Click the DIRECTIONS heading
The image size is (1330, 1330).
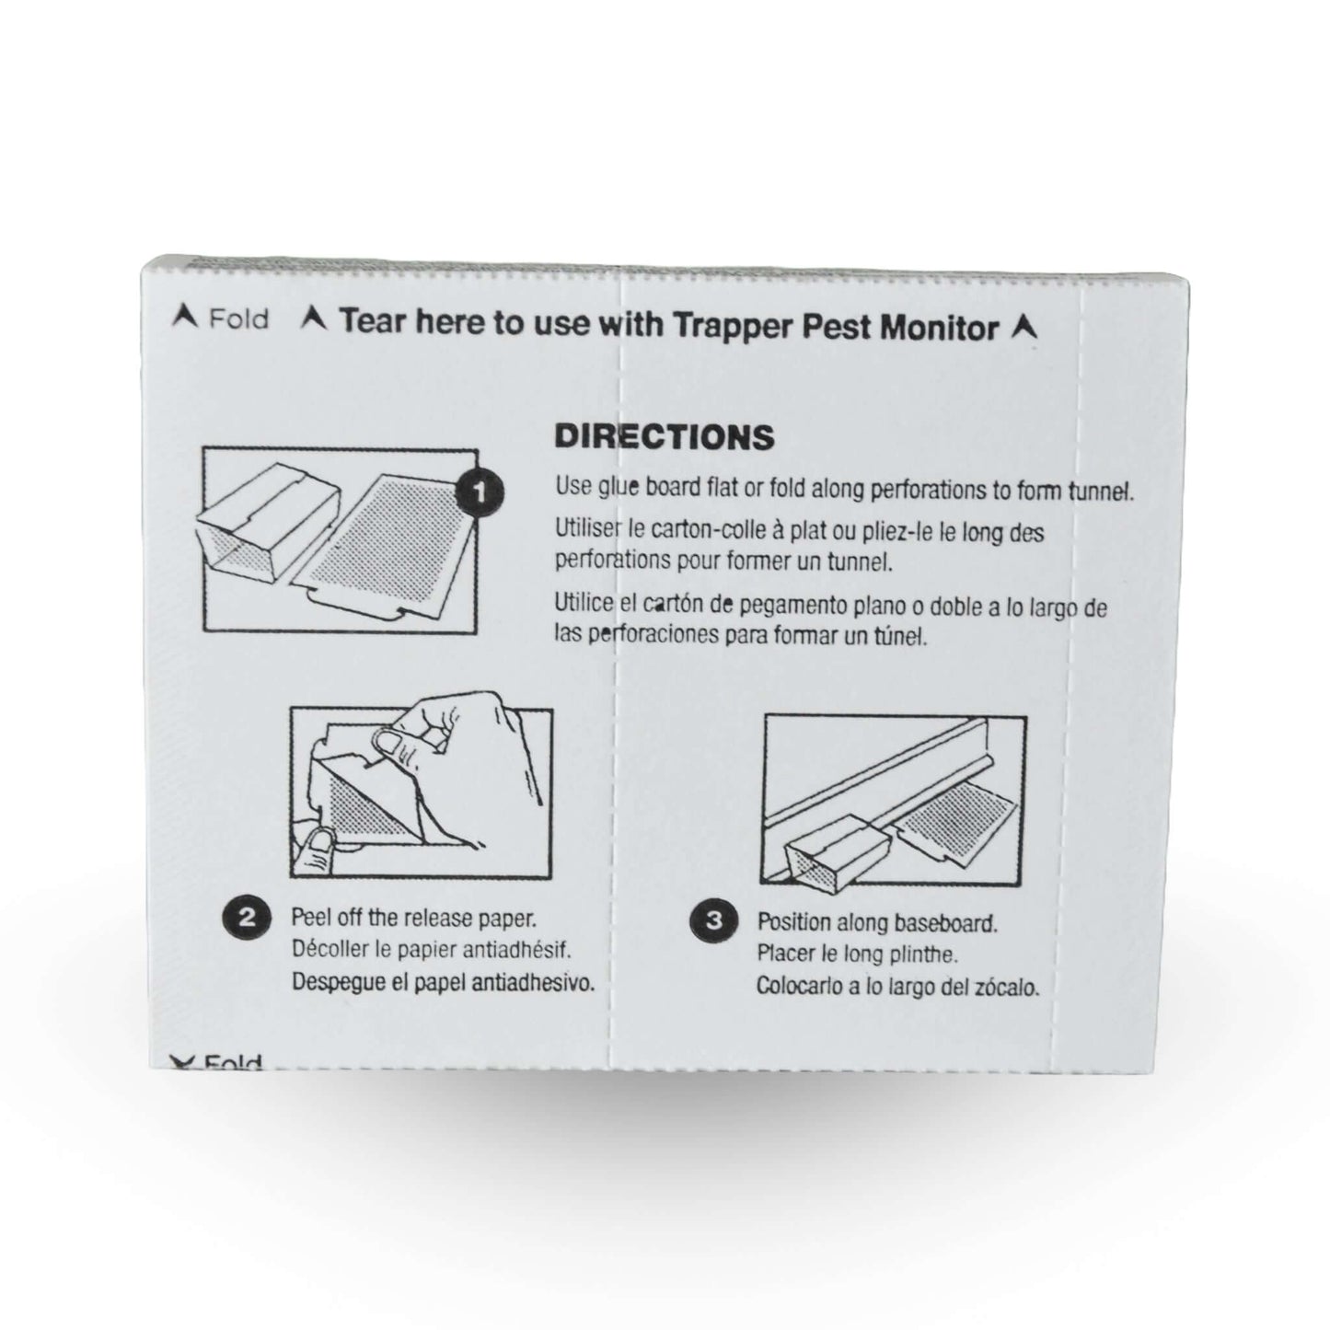pyautogui.click(x=664, y=437)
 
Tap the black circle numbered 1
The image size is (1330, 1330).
pyautogui.click(x=480, y=491)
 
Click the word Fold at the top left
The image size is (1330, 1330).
pyautogui.click(x=238, y=319)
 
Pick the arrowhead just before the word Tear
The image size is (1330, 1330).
pyautogui.click(x=314, y=318)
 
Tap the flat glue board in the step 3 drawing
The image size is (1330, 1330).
pyautogui.click(x=954, y=829)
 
